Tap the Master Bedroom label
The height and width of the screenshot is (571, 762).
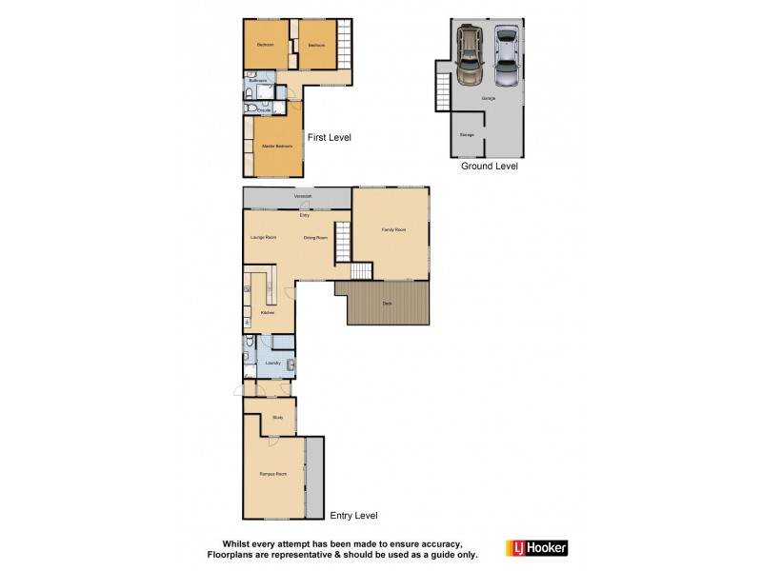pos(276,146)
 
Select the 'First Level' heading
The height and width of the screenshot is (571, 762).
pos(329,137)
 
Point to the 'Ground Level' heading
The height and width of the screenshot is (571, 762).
pos(490,166)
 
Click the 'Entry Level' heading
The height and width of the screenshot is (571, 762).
pos(353,516)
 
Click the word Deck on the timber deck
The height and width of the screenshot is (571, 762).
pos(387,304)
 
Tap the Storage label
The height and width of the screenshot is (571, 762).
pos(467,135)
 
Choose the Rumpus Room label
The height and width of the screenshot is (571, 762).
pos(273,473)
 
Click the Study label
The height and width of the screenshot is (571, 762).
pos(277,417)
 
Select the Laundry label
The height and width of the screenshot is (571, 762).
pos(271,363)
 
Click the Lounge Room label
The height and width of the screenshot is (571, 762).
pos(264,237)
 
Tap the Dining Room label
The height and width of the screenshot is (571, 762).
pos(315,237)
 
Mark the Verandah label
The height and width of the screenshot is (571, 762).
pos(303,196)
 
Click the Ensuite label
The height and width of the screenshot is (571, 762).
pos(264,110)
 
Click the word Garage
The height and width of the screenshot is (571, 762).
pos(488,98)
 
